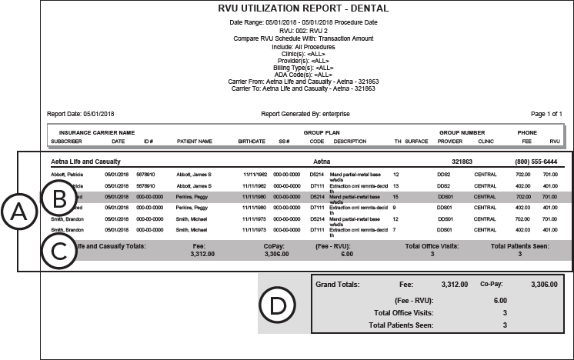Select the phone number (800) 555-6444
[537, 162]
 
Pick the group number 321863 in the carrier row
[462, 162]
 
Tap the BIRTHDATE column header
[252, 141]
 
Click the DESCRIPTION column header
[350, 141]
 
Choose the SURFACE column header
[416, 141]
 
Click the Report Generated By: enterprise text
[305, 114]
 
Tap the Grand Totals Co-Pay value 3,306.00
[544, 284]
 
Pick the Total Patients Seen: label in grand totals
[401, 325]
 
